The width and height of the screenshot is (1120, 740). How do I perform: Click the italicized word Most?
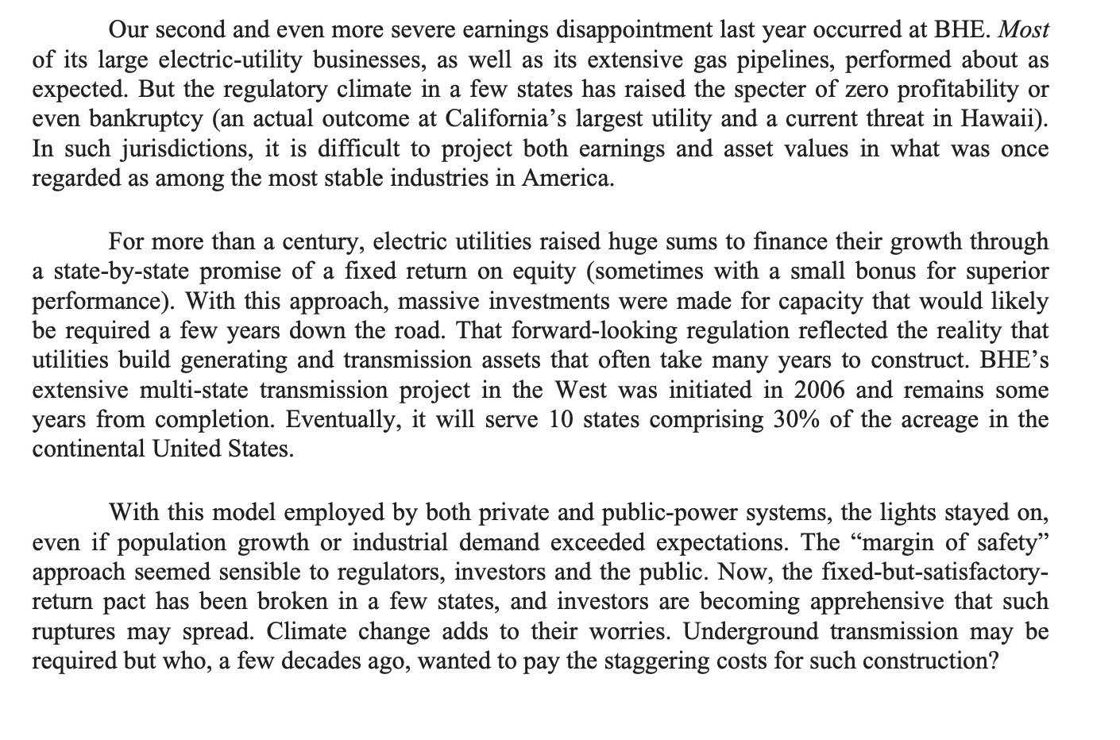pos(1024,30)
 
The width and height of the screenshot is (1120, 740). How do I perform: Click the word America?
pos(567,179)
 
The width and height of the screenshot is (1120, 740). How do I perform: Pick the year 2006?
pos(821,390)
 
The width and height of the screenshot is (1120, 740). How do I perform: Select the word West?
pos(581,390)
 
